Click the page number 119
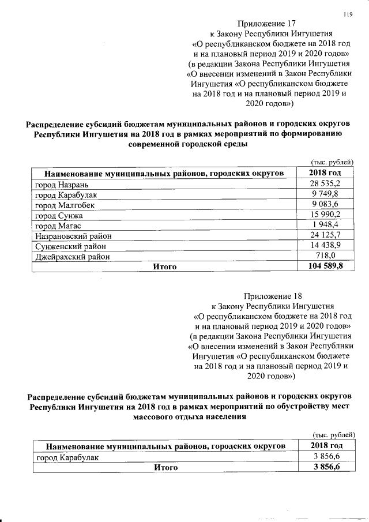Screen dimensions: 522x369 coord(347,14)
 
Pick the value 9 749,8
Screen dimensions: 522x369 coord(327,194)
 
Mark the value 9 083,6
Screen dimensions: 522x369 coord(327,205)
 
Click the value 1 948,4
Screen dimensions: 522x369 coord(327,225)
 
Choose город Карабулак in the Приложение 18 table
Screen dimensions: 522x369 coord(67,457)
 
